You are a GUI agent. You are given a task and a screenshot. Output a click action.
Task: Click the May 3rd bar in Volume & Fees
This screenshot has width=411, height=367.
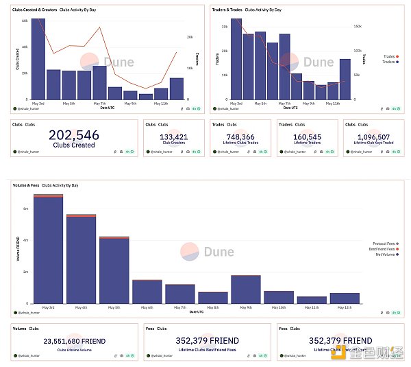tap(49, 250)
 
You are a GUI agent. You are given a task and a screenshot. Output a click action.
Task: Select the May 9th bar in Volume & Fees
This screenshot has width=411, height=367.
tap(246, 289)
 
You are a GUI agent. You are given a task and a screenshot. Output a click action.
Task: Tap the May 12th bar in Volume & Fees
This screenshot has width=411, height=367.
tap(345, 298)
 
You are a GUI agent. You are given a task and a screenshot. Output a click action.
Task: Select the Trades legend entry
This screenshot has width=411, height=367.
tap(388, 56)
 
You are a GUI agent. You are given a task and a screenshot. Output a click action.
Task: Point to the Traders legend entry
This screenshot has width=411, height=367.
tap(388, 62)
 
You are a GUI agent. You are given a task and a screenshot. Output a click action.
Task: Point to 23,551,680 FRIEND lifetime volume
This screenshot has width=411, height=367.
tap(75, 340)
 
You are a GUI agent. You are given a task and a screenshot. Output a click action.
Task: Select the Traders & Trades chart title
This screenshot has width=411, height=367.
tap(227, 11)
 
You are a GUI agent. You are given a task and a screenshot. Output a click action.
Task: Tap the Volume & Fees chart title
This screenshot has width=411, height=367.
tap(26, 185)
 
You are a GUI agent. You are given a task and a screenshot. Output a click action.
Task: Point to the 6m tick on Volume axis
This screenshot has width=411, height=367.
tap(26, 209)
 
